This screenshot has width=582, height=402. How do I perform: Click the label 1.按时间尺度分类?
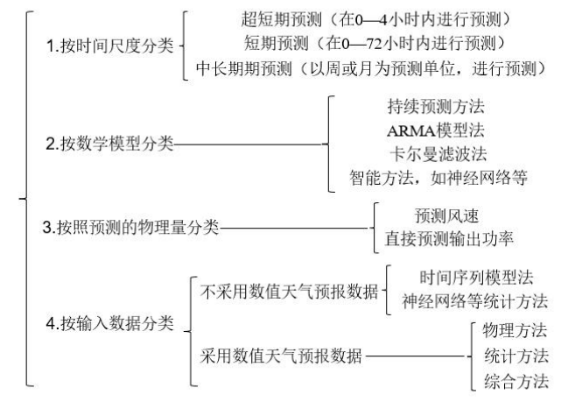[110, 46]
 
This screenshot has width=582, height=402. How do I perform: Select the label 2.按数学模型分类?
[110, 144]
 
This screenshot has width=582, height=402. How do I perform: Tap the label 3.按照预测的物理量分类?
[130, 228]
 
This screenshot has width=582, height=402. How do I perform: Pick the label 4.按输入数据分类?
[110, 323]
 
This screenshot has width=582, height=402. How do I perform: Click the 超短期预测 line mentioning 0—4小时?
[375, 19]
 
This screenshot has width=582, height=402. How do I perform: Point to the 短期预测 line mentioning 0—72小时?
[375, 43]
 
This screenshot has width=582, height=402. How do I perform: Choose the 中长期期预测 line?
[371, 68]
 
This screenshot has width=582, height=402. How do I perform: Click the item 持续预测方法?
[436, 106]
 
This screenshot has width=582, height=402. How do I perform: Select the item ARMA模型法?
[436, 130]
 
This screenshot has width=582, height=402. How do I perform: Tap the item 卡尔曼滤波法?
[438, 154]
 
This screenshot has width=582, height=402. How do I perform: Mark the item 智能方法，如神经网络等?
[438, 178]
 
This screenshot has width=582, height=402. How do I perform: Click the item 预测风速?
[446, 215]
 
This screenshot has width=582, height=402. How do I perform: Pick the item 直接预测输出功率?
[449, 238]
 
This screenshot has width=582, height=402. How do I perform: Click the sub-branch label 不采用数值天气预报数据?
[289, 292]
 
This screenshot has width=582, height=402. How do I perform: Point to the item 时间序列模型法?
[477, 278]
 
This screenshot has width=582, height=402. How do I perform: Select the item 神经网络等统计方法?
[474, 301]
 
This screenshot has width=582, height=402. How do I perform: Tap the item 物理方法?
[515, 330]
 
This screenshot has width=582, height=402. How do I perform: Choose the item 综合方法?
[516, 381]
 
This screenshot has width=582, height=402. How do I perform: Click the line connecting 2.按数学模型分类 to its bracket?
[248, 145]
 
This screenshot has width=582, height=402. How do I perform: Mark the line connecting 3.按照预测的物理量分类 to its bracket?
[294, 228]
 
